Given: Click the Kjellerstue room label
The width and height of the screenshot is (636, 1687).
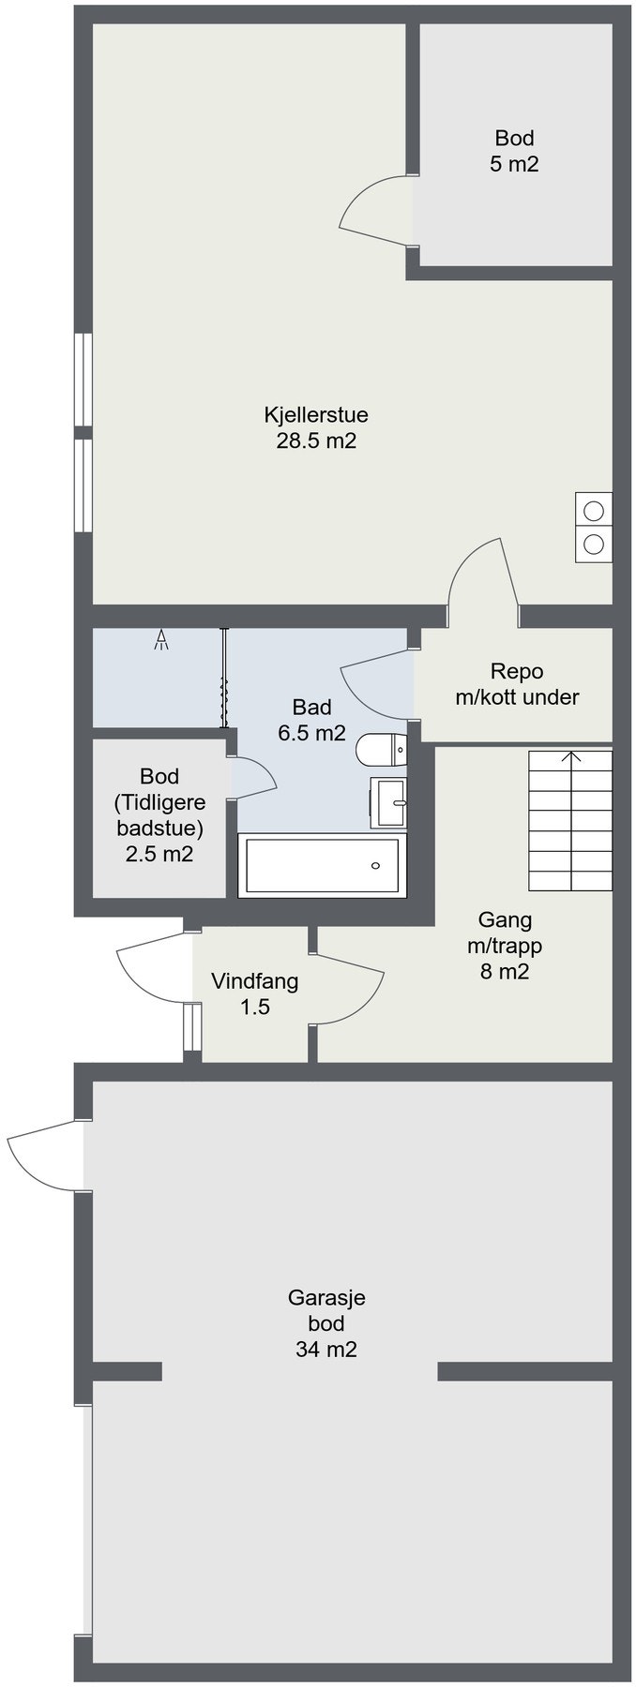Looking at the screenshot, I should click(x=315, y=414).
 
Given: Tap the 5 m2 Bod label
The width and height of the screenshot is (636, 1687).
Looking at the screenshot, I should click(x=514, y=152).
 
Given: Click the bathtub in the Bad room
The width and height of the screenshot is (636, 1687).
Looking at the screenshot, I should click(x=322, y=865).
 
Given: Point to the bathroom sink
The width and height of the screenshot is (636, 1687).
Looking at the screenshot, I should click(x=388, y=802).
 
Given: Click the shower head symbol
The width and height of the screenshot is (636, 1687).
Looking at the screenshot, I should click(x=161, y=640).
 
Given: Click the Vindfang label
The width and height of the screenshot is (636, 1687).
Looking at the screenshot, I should click(x=254, y=982).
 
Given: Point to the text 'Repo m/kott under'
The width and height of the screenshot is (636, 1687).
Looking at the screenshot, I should click(x=517, y=684).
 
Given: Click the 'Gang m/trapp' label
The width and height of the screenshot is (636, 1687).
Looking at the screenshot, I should click(x=505, y=933).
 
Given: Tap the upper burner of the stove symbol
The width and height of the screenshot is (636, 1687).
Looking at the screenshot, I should click(x=594, y=511).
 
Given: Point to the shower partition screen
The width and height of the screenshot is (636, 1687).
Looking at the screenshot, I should click(x=223, y=678).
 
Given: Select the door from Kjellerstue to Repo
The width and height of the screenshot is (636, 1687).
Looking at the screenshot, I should click(x=483, y=579).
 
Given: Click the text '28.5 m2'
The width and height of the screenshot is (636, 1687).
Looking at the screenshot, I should click(x=315, y=440).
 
